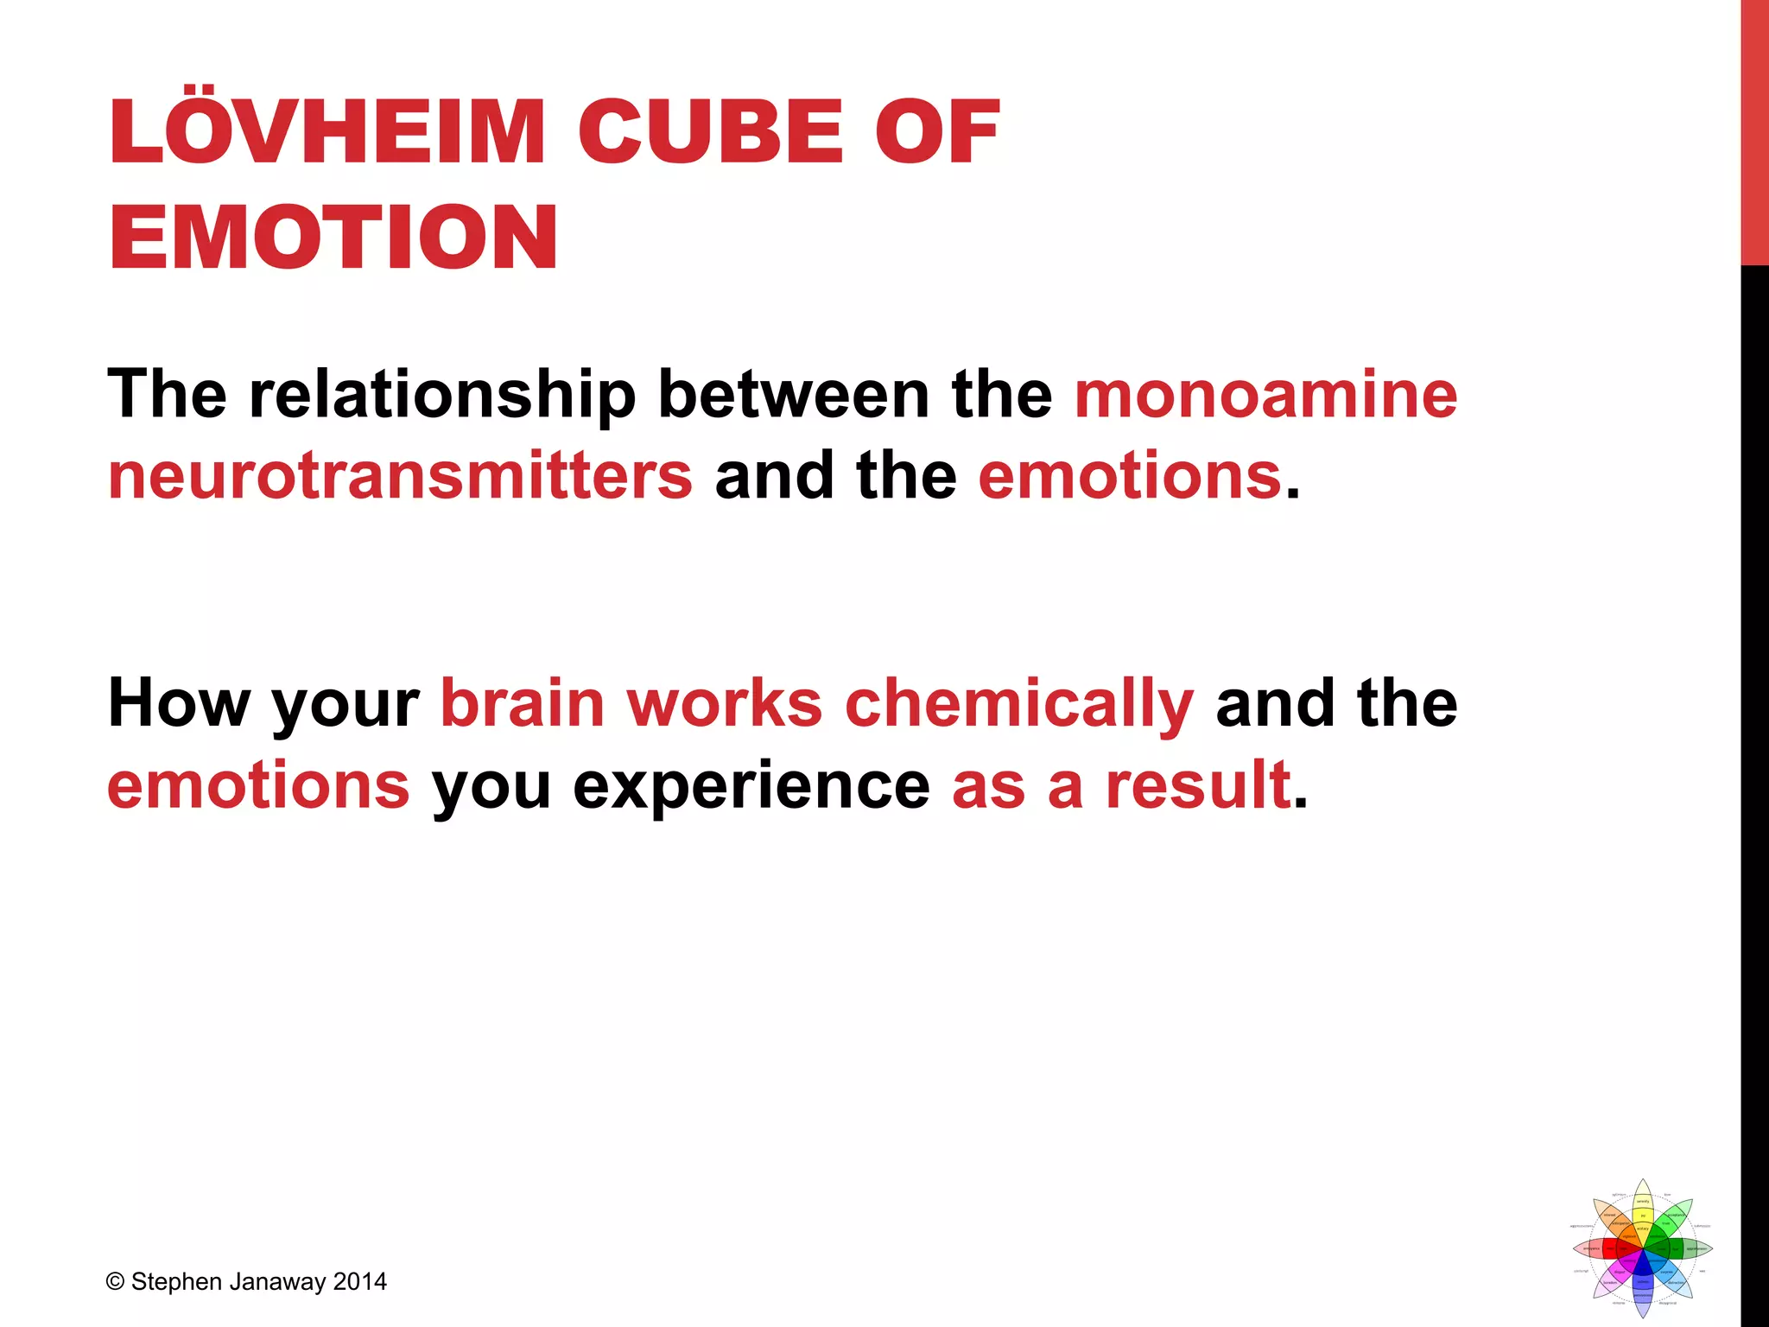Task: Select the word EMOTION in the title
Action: tap(333, 238)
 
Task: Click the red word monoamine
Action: tap(1265, 395)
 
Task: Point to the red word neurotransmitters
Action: tap(400, 476)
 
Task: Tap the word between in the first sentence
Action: tap(793, 395)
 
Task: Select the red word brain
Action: tap(523, 703)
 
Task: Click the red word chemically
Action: tap(1019, 705)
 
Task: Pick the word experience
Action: tap(751, 786)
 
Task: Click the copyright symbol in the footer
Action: tap(116, 1282)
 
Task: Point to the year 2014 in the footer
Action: tap(359, 1282)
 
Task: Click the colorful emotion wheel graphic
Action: tap(1642, 1248)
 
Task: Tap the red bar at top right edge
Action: tap(1754, 130)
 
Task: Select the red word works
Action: tap(725, 703)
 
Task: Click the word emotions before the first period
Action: tap(1129, 476)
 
